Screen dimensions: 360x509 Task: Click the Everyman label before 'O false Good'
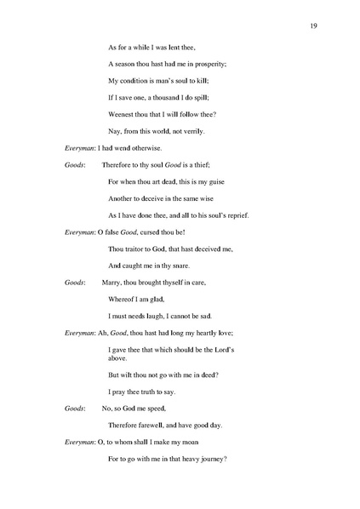(x=82, y=232)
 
